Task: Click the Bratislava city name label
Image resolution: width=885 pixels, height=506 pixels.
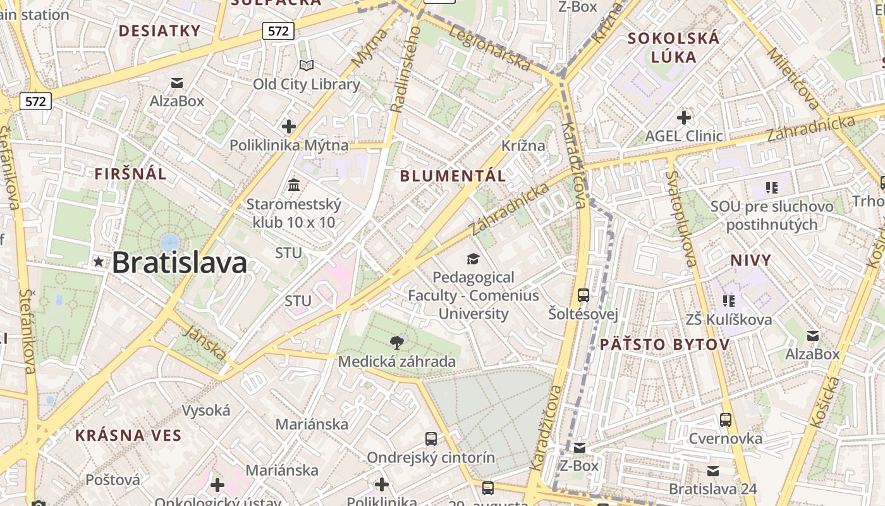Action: (x=179, y=262)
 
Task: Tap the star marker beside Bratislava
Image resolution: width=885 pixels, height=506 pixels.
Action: (x=99, y=261)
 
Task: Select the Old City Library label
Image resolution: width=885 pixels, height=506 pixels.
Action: (x=307, y=84)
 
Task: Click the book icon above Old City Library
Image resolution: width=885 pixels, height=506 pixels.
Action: (x=307, y=65)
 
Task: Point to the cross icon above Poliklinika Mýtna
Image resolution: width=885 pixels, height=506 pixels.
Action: (x=289, y=126)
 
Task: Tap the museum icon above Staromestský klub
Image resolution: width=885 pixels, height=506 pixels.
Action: (x=294, y=185)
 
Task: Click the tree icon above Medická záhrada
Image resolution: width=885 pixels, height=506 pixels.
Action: (x=397, y=343)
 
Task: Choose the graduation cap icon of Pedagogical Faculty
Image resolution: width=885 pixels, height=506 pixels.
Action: (x=472, y=259)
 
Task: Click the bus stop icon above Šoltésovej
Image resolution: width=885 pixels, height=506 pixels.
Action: (x=583, y=295)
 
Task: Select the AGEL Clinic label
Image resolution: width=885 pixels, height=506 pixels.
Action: (x=683, y=136)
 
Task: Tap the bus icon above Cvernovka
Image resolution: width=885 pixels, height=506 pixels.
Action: (x=726, y=420)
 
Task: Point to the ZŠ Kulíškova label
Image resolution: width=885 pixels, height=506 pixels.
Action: (x=729, y=319)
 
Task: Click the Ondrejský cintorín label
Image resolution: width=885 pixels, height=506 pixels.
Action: (x=431, y=457)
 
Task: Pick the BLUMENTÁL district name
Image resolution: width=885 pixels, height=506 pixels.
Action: (x=453, y=176)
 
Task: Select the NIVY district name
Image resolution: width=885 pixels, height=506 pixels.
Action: (x=751, y=260)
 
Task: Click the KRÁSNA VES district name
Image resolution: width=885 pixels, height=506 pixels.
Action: (x=128, y=436)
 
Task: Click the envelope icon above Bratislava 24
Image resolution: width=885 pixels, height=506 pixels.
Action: (x=713, y=471)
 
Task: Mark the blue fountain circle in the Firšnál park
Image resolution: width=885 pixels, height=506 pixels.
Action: (x=169, y=242)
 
